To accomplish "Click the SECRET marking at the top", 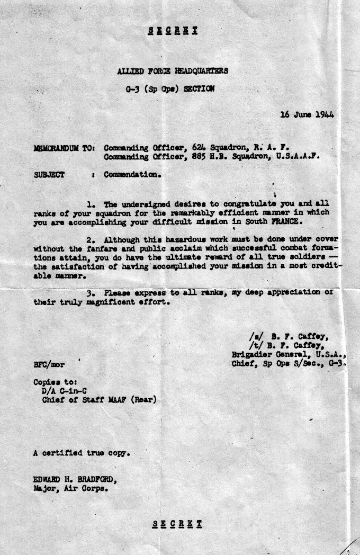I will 173,30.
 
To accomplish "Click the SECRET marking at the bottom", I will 177,524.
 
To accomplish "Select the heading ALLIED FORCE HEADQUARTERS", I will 173,70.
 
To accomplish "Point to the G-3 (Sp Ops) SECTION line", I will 170,89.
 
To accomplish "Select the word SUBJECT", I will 49,175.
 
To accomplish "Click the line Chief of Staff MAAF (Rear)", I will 99,400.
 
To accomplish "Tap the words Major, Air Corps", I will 70,489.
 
